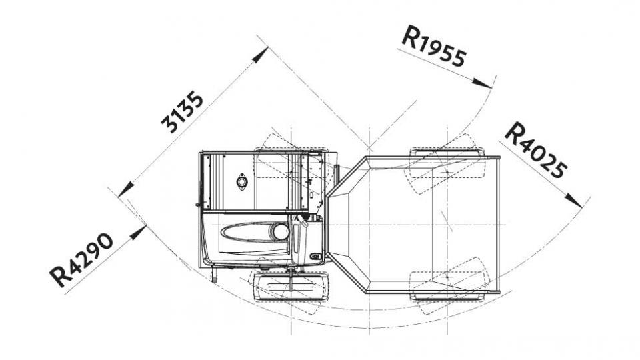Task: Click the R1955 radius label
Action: point(433,46)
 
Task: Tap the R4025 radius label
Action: point(535,150)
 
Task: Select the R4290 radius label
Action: point(81,260)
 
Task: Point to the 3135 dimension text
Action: point(182,112)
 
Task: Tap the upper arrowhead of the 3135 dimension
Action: point(260,55)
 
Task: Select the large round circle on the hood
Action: point(281,232)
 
